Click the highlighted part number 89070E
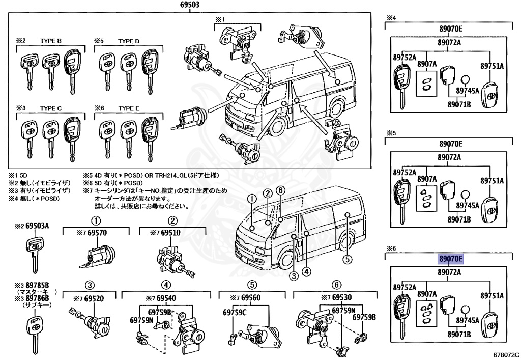(x=451, y=259)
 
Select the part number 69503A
(x=38, y=225)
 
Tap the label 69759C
(x=235, y=312)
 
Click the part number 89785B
(x=37, y=285)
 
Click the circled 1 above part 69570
(x=95, y=221)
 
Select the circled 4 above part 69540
(x=166, y=285)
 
